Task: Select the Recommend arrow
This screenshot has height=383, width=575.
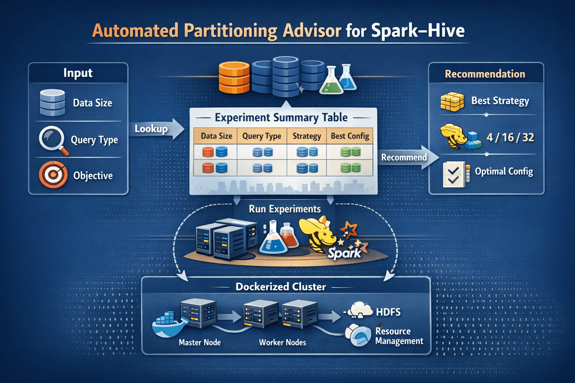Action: tap(408, 157)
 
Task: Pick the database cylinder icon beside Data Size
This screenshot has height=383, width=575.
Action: tap(52, 102)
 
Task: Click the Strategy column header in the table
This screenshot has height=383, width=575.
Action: tap(307, 136)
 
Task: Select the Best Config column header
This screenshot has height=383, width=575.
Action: tap(350, 136)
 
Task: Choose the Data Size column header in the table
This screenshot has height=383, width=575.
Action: tap(216, 136)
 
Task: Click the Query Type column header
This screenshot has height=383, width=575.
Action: tap(262, 136)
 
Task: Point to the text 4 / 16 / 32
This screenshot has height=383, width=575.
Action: tap(510, 138)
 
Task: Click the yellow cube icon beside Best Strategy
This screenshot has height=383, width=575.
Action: tap(452, 102)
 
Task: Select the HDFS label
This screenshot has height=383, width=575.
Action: tap(388, 312)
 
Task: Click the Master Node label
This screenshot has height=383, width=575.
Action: tap(200, 342)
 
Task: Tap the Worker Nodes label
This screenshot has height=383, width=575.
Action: tap(282, 342)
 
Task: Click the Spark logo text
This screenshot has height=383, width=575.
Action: tap(344, 253)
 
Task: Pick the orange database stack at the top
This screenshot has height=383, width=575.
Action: tap(234, 77)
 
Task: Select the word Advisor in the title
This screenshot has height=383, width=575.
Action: tap(312, 31)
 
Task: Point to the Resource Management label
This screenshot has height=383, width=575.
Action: tap(399, 336)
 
